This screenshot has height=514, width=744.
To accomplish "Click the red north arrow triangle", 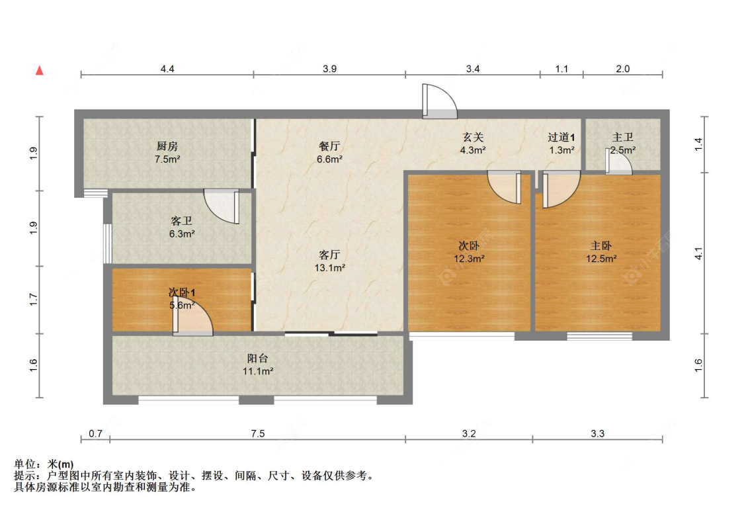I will coord(40,70).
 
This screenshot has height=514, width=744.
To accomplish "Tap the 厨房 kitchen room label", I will coord(167,146).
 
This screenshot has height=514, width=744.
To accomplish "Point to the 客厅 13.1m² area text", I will coord(329,268).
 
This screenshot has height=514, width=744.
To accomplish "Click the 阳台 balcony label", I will coord(258,358).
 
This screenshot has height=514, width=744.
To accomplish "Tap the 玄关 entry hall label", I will coord(473,138).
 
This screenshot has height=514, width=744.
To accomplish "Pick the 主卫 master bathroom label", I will coord(623,138).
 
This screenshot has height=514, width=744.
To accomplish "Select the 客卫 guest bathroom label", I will coord(181,221).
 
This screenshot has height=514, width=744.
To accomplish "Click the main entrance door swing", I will coord(438,103).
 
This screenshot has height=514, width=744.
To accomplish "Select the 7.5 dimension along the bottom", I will coord(257,434).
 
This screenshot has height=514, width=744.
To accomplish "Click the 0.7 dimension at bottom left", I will coord(95,434).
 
